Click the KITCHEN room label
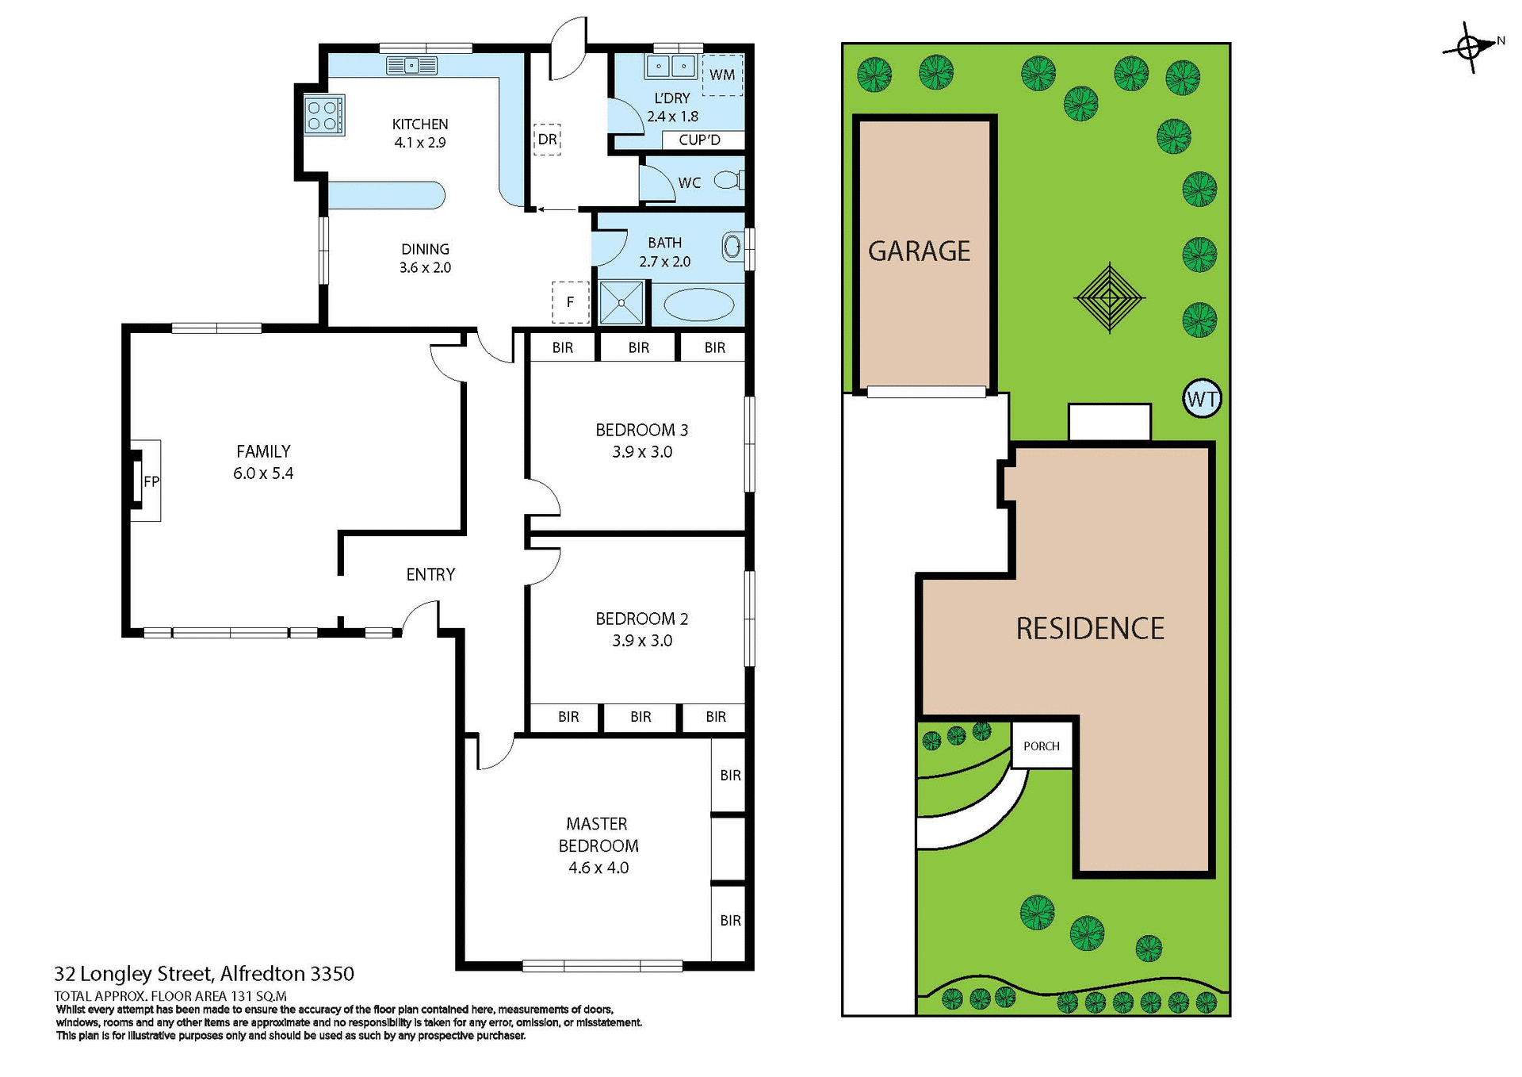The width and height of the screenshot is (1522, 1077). [420, 125]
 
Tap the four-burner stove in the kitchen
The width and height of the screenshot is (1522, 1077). [324, 116]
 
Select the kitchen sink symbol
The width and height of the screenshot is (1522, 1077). [411, 66]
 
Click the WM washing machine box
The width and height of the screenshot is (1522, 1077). [722, 75]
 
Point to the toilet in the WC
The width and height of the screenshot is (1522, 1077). [728, 181]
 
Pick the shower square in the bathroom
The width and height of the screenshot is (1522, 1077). [621, 302]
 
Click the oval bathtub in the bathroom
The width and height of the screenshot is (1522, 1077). [698, 305]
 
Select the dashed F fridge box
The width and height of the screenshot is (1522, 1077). [570, 302]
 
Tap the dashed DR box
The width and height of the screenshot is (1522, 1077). [547, 140]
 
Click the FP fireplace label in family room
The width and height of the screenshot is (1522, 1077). [151, 481]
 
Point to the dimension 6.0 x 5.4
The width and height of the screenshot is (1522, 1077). [263, 473]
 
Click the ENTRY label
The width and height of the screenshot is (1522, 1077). [430, 574]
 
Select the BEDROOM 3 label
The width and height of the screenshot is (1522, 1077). [641, 430]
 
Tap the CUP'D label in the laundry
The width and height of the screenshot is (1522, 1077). [699, 140]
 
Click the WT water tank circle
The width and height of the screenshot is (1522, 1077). [1202, 399]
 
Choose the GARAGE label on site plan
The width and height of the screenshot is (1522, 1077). [919, 251]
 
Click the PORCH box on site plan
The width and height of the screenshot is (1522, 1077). [1041, 745]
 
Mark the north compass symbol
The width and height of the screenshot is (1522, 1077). [1469, 48]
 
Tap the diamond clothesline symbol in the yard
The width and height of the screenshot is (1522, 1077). [1110, 298]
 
